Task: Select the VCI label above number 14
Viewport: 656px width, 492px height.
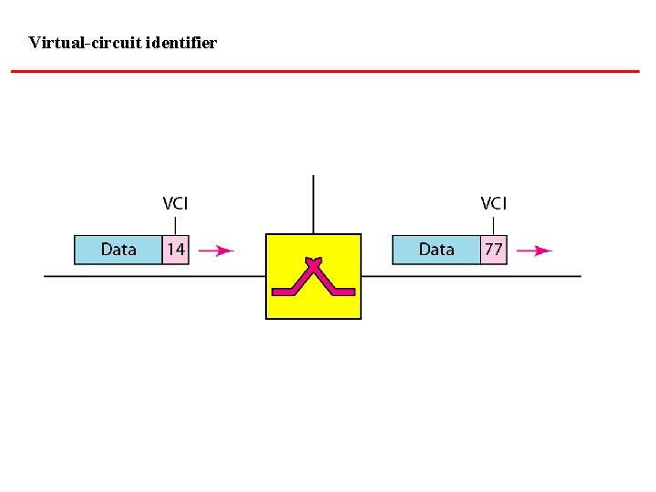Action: (175, 204)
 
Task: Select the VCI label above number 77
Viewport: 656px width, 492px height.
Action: (493, 204)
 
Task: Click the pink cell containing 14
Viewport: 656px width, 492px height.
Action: (175, 250)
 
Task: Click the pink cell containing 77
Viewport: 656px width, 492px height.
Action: (493, 250)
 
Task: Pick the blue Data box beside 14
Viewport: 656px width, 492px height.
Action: (118, 250)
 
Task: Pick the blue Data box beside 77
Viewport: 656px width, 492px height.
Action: (436, 250)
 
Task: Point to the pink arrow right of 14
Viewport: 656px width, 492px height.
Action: (216, 250)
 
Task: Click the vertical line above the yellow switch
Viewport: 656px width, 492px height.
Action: (313, 204)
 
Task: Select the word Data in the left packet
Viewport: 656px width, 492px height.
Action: (118, 250)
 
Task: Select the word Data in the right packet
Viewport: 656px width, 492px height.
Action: (436, 250)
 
